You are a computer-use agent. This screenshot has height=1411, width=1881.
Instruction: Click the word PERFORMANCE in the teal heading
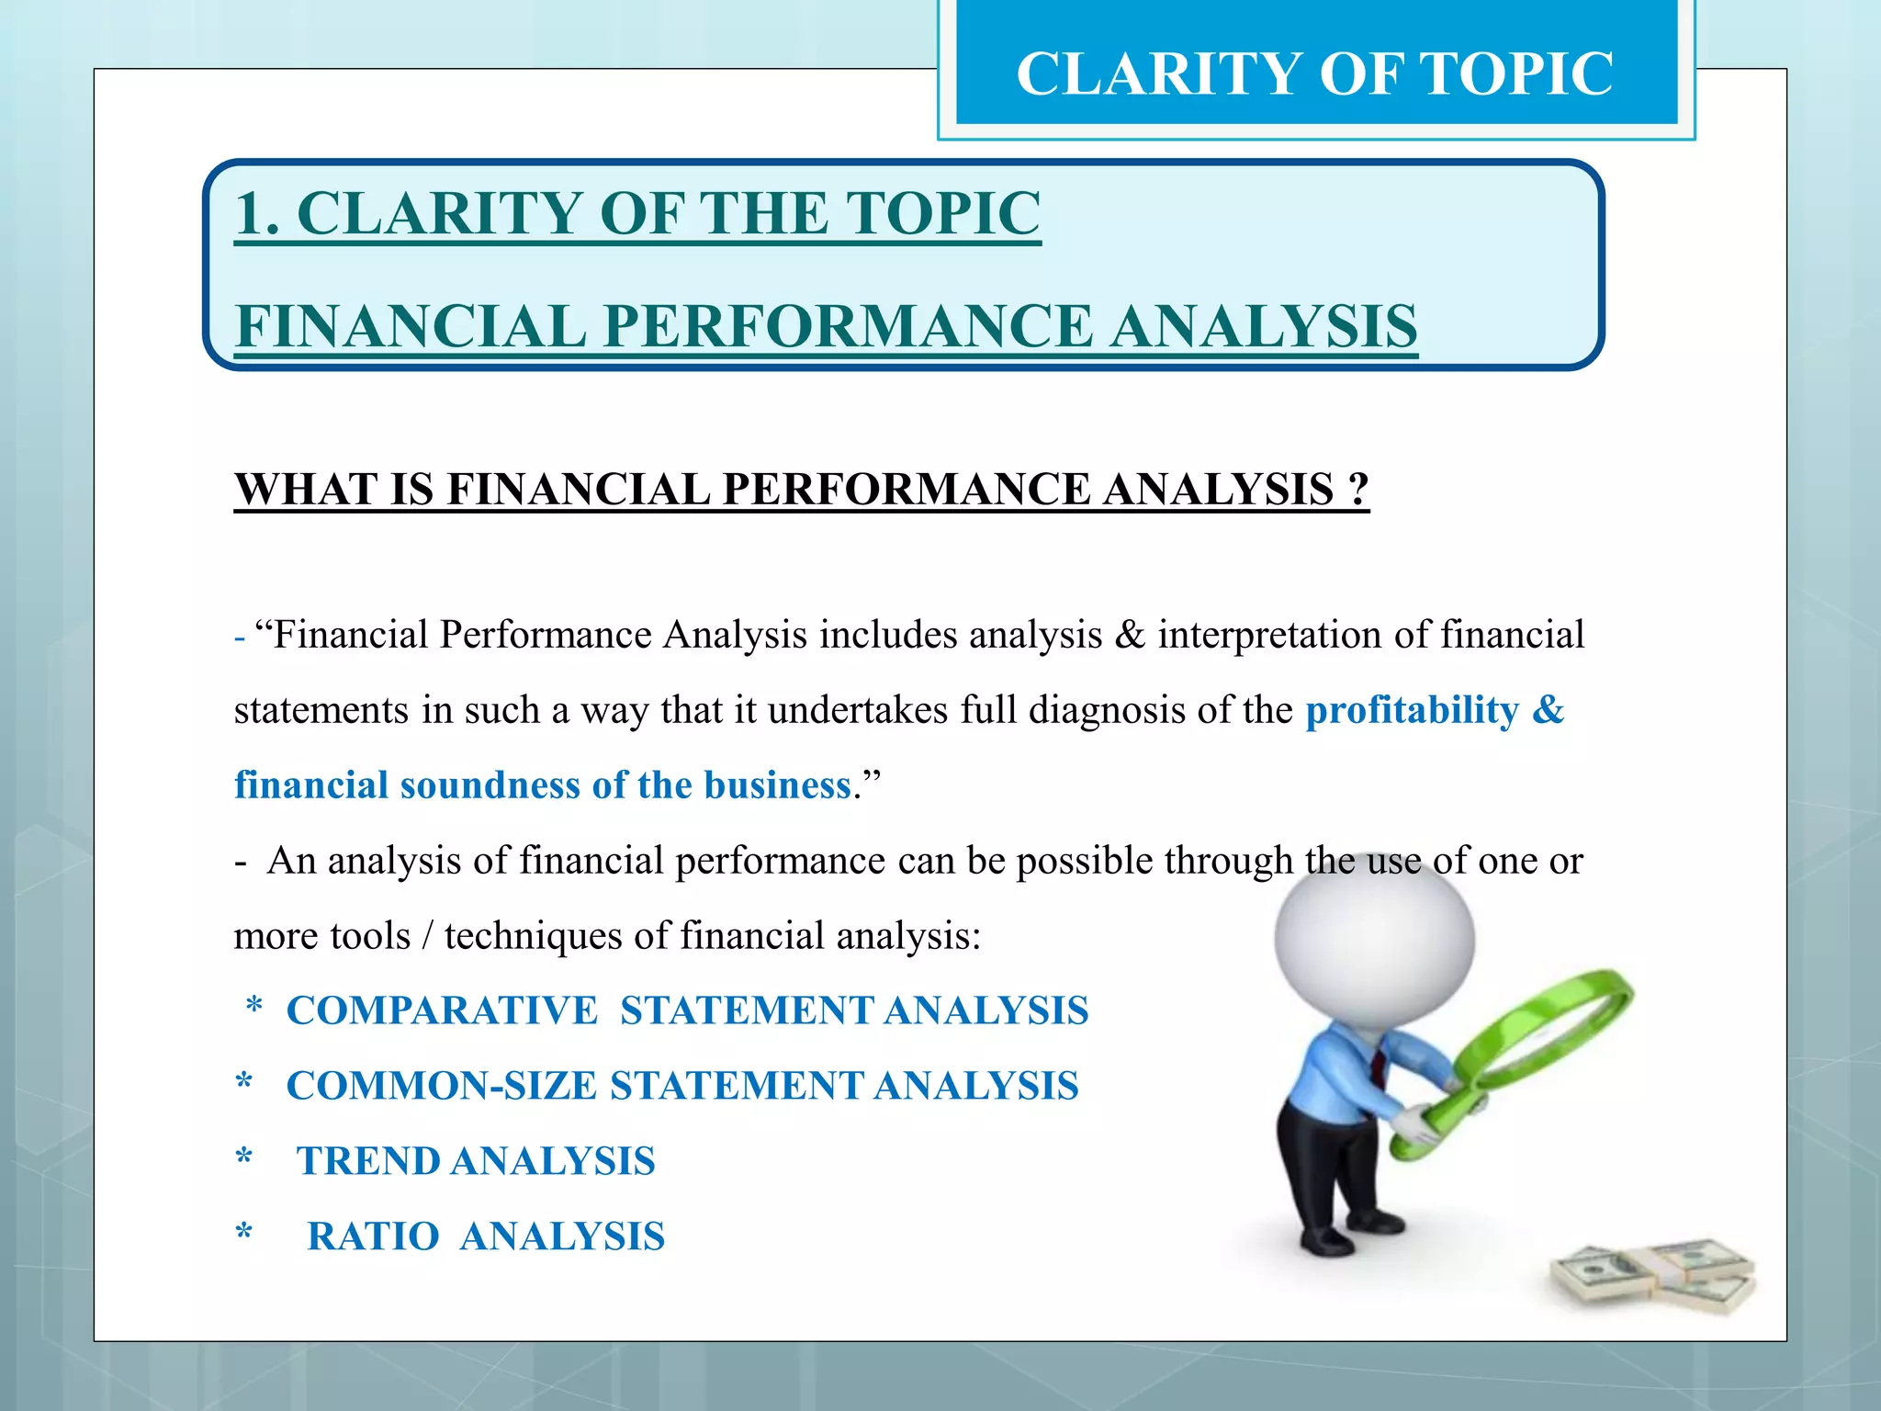click(x=847, y=326)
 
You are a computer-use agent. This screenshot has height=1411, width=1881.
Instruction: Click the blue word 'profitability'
click(x=1412, y=710)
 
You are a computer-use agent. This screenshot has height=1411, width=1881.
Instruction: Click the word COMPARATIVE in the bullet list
click(x=442, y=1010)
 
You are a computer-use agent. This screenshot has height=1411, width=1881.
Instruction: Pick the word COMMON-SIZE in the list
click(x=442, y=1086)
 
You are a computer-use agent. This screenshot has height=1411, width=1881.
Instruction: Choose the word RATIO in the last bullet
click(x=372, y=1236)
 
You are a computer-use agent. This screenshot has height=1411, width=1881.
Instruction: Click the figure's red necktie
click(x=1379, y=1066)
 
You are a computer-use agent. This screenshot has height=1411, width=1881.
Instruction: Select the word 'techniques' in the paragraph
click(x=533, y=935)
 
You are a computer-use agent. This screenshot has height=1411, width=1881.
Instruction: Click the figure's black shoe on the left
click(x=1325, y=1241)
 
